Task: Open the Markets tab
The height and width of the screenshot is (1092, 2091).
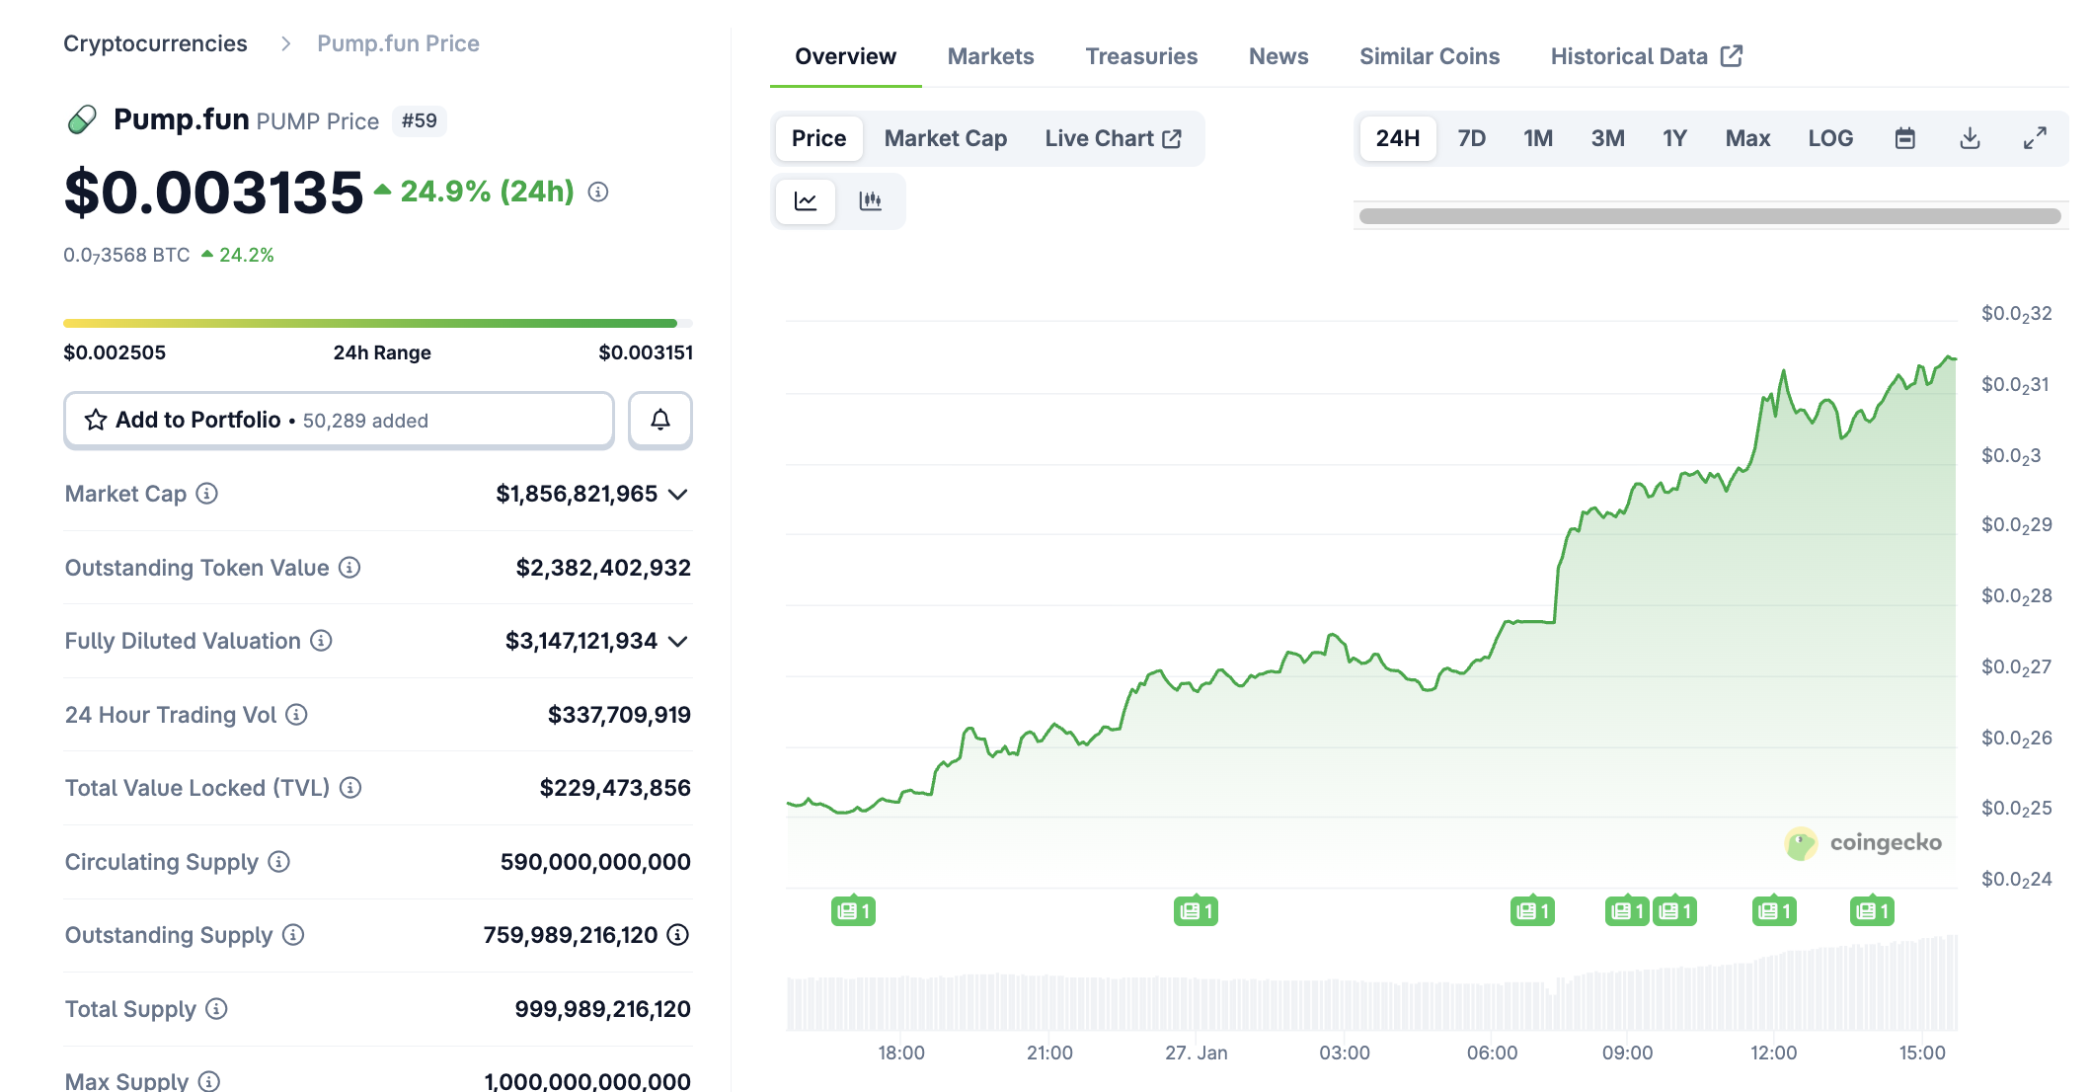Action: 990,56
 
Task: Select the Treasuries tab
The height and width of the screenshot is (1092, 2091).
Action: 1141,56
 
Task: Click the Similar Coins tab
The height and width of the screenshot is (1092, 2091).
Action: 1429,56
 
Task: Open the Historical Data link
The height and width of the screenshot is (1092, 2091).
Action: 1646,56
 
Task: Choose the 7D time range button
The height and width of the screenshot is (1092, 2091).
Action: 1471,138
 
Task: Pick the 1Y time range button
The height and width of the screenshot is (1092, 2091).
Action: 1674,138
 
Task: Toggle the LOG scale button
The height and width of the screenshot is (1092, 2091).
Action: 1830,138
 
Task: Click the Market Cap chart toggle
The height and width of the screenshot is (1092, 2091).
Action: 945,138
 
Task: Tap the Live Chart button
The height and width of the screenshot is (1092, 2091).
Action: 1113,138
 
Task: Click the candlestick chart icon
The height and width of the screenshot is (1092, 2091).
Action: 870,201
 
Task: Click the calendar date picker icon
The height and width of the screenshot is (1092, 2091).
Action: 1905,138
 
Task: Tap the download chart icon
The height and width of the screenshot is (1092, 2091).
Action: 1970,138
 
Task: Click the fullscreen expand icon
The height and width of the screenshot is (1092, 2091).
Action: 2035,138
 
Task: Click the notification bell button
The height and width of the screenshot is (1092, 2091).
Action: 660,420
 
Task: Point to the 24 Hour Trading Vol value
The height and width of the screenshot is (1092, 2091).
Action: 619,715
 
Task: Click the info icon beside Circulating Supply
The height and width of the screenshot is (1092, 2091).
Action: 279,862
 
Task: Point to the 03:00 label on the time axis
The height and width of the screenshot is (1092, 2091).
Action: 1344,1053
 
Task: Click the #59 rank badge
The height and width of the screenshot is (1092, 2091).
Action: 419,120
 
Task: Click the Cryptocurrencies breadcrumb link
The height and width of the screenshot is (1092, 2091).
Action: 155,43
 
